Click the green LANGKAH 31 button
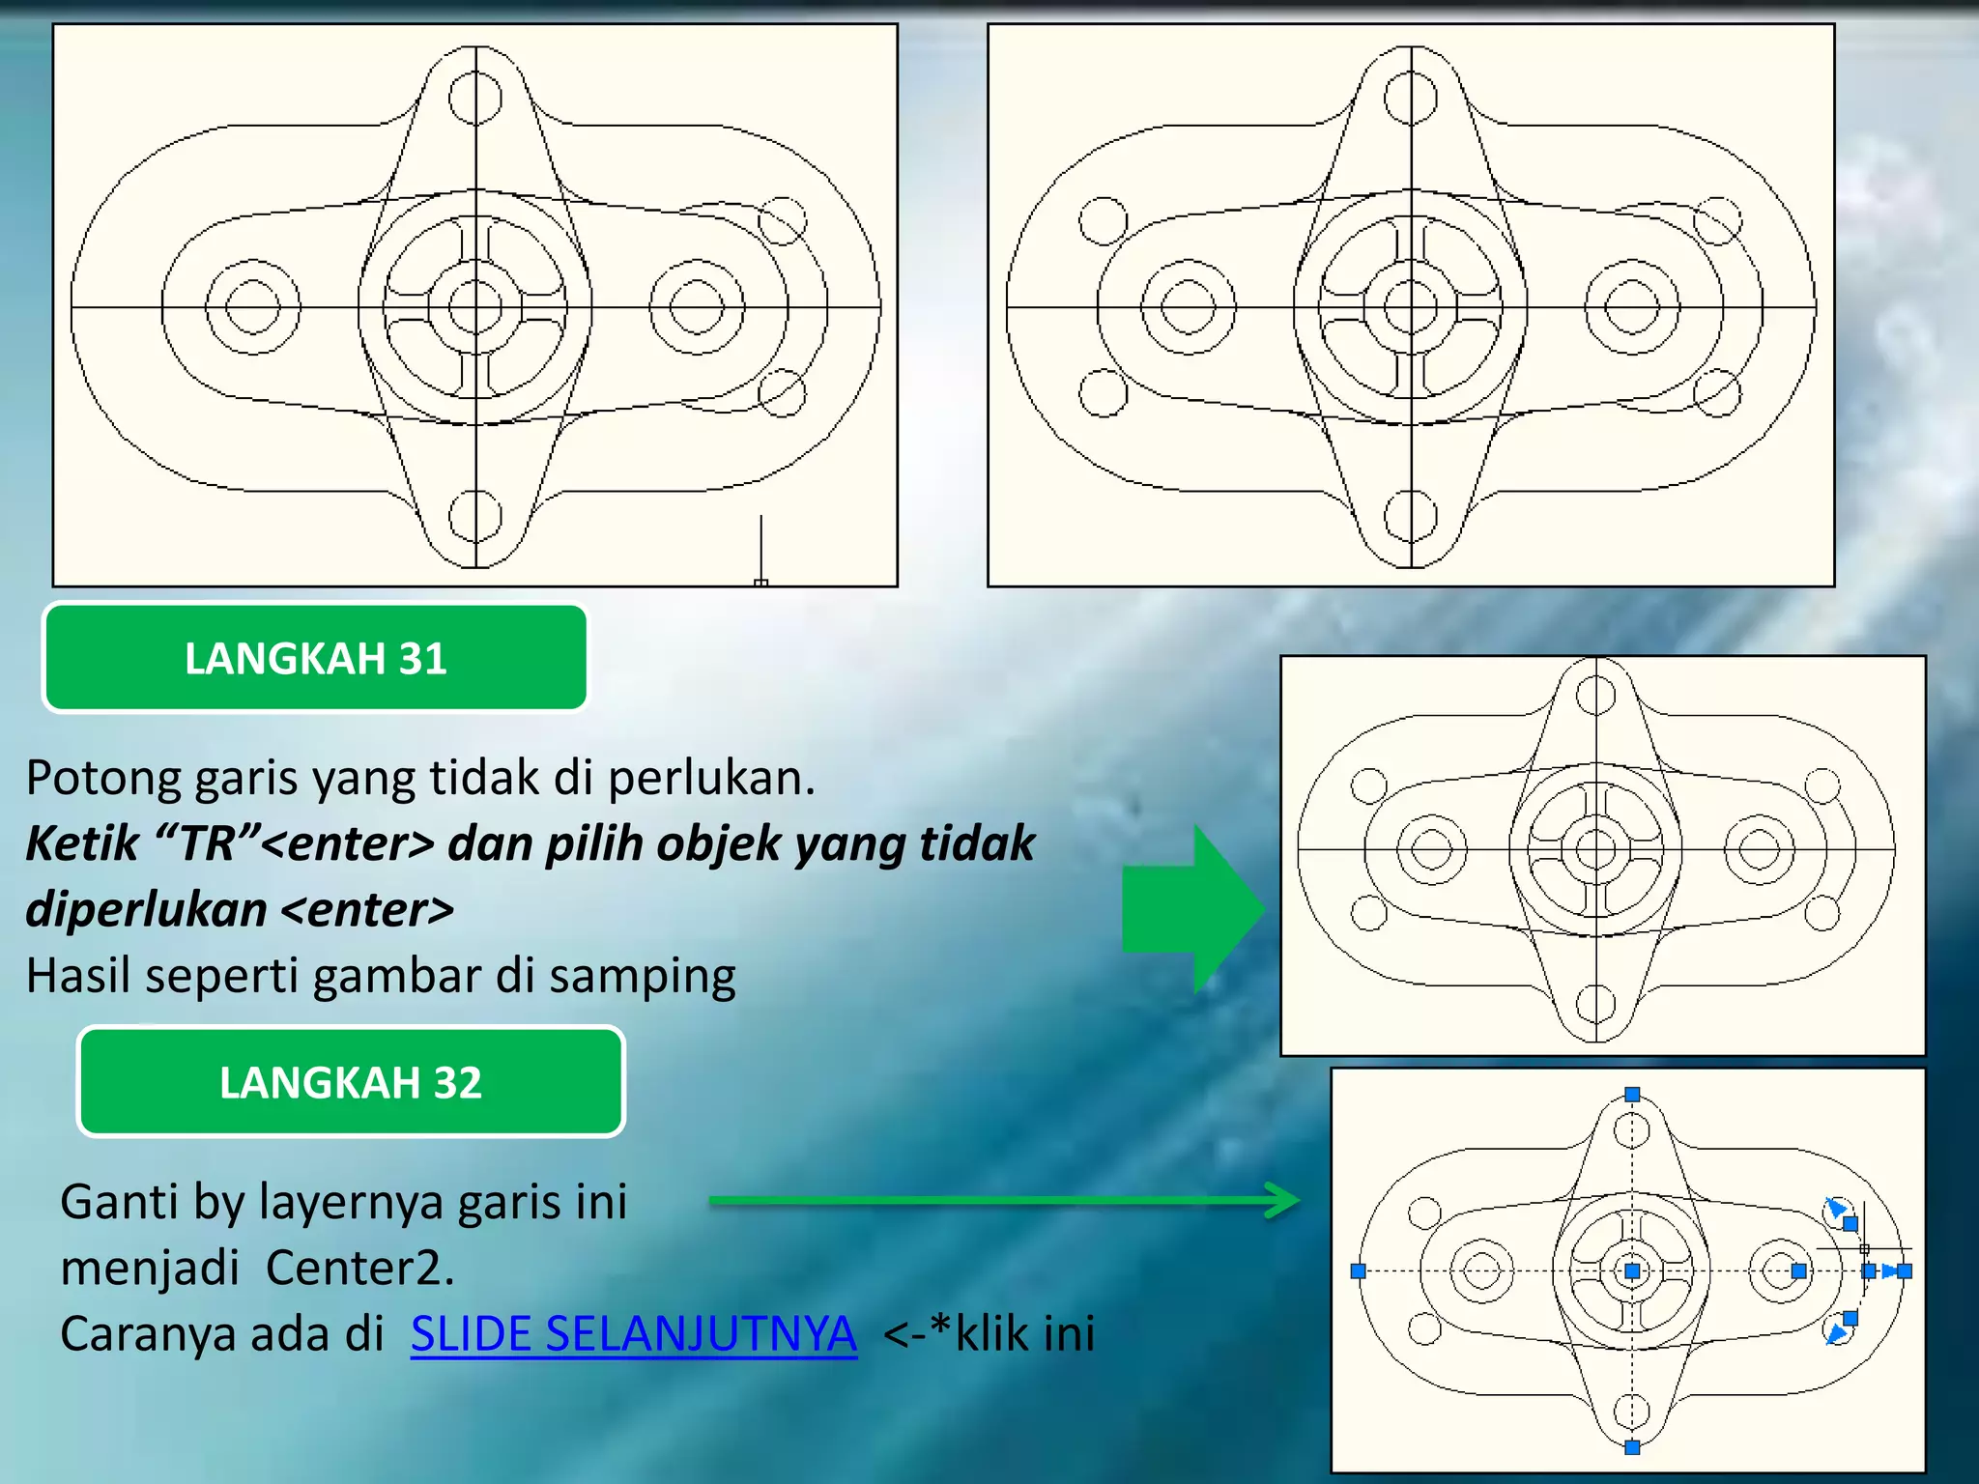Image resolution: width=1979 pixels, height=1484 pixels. [315, 658]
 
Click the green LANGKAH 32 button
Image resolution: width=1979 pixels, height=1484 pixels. [350, 1082]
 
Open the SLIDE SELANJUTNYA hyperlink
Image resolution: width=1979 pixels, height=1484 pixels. [633, 1334]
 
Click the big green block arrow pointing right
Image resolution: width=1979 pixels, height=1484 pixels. [1193, 908]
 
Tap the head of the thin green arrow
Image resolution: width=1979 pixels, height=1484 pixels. [1285, 1201]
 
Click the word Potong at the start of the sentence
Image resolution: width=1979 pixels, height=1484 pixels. [100, 778]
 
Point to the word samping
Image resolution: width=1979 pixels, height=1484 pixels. [643, 976]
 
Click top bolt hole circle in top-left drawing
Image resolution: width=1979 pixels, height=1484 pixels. [475, 99]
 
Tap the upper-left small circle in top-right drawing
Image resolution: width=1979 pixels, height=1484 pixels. [1103, 221]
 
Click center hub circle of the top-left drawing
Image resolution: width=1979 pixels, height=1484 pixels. [475, 307]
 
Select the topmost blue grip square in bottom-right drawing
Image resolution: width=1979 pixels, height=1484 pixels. [1632, 1095]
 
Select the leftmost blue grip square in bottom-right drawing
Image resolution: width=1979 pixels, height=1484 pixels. [1358, 1271]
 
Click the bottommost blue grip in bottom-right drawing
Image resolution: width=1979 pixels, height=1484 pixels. [1632, 1447]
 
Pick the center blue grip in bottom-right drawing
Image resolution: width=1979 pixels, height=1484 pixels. [1632, 1271]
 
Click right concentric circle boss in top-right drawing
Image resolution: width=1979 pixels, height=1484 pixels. [1632, 307]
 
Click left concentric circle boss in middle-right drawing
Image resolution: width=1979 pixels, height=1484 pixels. [1431, 850]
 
